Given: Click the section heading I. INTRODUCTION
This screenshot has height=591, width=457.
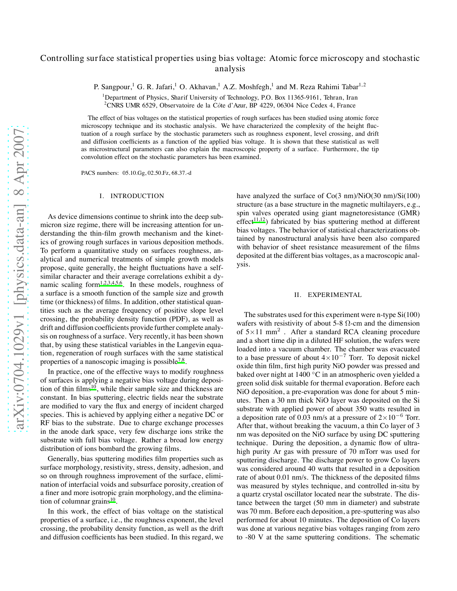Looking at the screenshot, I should click(132, 196).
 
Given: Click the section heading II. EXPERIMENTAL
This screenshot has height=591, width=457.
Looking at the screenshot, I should click(328, 295).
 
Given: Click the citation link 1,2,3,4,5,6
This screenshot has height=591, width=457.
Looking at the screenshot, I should click(111, 284).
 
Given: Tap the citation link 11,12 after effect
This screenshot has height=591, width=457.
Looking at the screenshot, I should click(259, 220).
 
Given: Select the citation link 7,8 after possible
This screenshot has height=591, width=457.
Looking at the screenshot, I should click(181, 360).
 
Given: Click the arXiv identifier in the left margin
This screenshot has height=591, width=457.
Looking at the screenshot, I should click(20, 279).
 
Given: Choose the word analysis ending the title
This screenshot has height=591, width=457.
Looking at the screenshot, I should click(230, 69).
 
